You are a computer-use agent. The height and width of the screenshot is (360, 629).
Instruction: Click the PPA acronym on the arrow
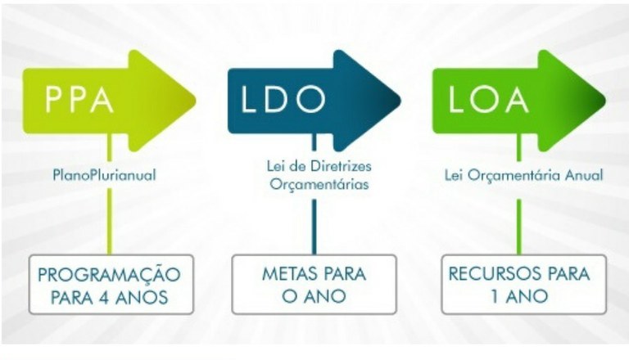(x=79, y=99)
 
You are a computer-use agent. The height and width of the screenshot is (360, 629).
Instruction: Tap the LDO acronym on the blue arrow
(x=283, y=99)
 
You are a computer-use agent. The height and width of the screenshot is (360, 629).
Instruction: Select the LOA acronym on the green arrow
(x=488, y=99)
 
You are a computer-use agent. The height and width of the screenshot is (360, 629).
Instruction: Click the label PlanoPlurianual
(x=104, y=175)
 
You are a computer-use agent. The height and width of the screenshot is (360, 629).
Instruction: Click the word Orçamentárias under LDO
(x=319, y=184)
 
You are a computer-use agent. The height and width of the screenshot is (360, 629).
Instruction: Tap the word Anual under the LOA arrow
(x=584, y=175)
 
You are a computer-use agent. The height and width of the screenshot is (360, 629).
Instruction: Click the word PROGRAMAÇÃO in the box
(x=109, y=275)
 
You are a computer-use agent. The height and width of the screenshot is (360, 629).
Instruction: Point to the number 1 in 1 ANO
(x=495, y=297)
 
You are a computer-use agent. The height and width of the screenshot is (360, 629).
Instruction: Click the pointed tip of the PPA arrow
(x=196, y=101)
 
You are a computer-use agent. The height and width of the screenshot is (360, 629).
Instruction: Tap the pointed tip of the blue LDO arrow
(x=400, y=101)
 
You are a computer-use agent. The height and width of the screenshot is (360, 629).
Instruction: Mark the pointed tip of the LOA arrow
(x=605, y=101)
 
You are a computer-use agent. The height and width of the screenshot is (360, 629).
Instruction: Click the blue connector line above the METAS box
(x=314, y=227)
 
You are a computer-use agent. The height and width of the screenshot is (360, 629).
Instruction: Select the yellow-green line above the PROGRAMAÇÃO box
(x=110, y=221)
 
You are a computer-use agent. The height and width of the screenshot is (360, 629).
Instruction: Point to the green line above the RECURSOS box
(x=518, y=227)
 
